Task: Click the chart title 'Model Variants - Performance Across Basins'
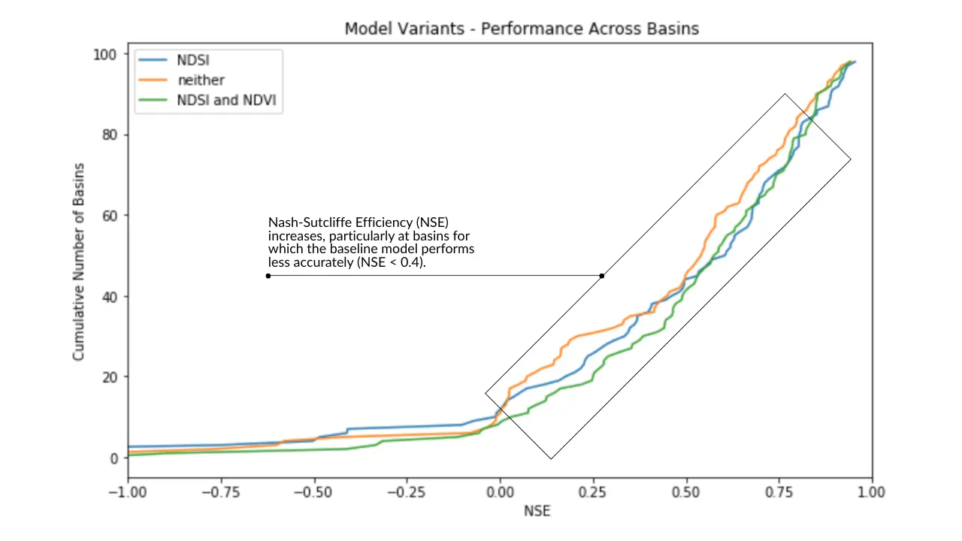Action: [x=522, y=29]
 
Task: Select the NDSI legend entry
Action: [x=174, y=60]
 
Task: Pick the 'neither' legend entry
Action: [x=181, y=80]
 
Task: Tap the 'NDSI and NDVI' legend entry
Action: [x=207, y=100]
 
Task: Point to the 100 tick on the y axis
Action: [x=104, y=55]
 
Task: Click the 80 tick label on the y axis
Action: [x=109, y=134]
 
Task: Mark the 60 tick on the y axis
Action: [x=109, y=216]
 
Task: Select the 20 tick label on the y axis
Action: [x=109, y=377]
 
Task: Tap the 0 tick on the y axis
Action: [x=113, y=458]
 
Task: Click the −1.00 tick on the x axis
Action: [x=128, y=492]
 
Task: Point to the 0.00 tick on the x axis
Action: [x=500, y=492]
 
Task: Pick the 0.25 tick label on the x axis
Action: [x=593, y=492]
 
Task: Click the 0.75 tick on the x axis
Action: [x=779, y=492]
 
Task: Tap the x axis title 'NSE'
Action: [x=537, y=511]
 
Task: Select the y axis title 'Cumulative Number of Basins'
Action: [x=79, y=262]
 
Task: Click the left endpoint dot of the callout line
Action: [x=268, y=276]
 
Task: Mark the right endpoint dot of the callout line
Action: [x=602, y=276]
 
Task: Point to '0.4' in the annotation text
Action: [x=410, y=262]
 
